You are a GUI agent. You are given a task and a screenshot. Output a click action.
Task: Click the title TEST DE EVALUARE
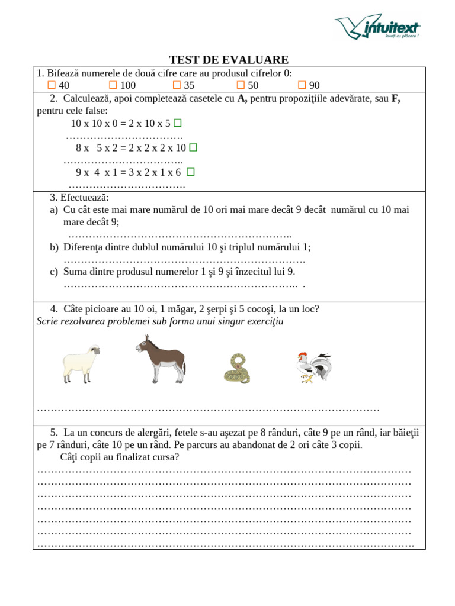click(229, 60)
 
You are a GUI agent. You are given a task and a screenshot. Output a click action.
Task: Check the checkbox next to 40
click(52, 85)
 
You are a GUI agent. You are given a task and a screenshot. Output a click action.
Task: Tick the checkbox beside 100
click(113, 85)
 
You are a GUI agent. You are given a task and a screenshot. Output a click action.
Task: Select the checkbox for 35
click(177, 85)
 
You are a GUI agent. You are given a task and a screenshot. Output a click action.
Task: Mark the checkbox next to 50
click(241, 85)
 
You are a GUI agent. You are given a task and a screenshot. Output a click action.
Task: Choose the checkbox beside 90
click(302, 85)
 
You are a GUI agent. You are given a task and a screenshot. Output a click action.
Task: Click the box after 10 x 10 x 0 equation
click(177, 123)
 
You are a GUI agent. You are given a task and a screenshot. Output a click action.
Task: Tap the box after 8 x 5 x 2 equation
click(193, 147)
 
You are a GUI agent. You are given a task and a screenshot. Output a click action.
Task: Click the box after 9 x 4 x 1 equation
click(190, 172)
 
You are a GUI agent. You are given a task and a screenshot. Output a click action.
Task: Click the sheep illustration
click(81, 363)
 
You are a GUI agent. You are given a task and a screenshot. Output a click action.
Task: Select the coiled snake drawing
click(237, 369)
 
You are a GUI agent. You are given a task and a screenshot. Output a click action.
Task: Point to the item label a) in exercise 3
click(54, 210)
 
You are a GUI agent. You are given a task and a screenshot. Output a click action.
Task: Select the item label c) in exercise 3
click(54, 272)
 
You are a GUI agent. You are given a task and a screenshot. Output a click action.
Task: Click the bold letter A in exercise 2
click(242, 99)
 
